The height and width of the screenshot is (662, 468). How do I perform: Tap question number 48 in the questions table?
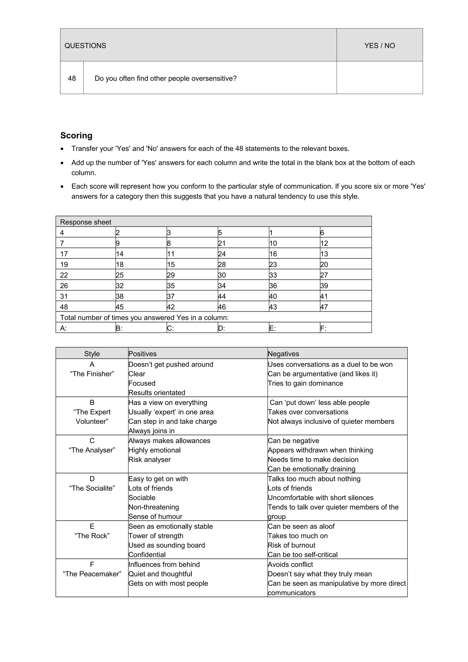coord(72,78)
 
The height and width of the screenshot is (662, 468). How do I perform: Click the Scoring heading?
coord(76,135)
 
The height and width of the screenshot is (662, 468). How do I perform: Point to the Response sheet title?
coord(85,222)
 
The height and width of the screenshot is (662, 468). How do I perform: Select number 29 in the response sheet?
coord(171,275)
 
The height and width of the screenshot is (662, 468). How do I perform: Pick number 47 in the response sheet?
coord(324,307)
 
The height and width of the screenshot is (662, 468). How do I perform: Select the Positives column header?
coord(142,354)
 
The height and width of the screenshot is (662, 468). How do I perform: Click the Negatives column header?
coord(283,354)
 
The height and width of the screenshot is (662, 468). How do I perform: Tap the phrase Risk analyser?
coord(149,460)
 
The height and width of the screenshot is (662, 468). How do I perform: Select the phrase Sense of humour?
coord(155,516)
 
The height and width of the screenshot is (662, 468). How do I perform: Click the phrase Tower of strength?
coord(156,536)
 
